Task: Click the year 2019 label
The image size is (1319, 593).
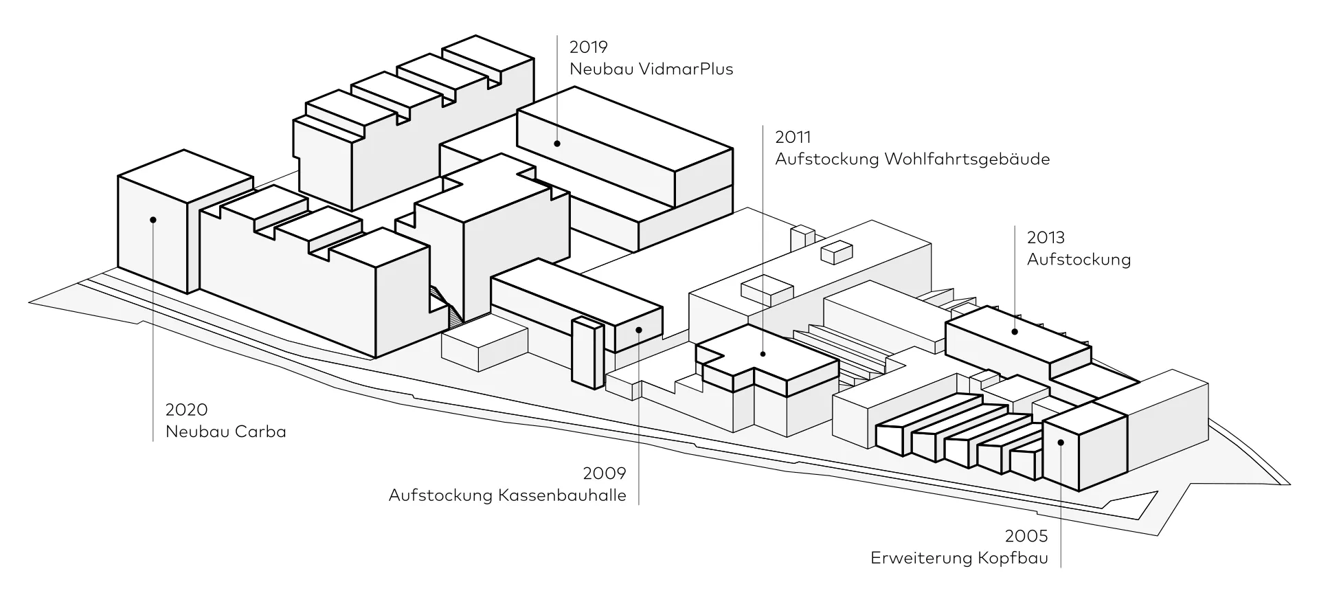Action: pyautogui.click(x=589, y=47)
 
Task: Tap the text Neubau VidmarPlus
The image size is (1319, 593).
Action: pyautogui.click(x=651, y=69)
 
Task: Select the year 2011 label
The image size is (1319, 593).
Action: pyautogui.click(x=793, y=137)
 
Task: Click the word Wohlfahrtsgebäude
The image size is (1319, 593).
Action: pyautogui.click(x=967, y=159)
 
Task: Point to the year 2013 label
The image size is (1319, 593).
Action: pyautogui.click(x=1046, y=238)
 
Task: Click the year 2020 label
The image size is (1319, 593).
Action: pyautogui.click(x=186, y=410)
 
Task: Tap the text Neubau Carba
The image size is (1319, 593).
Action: pyautogui.click(x=225, y=432)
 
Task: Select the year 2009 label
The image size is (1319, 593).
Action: pyautogui.click(x=605, y=473)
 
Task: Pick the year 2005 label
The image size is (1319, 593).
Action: pyautogui.click(x=1026, y=536)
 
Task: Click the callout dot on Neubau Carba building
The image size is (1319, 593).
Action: pyautogui.click(x=153, y=220)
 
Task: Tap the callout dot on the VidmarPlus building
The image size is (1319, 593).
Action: pyautogui.click(x=557, y=144)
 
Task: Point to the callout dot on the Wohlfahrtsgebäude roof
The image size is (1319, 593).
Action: pyautogui.click(x=763, y=354)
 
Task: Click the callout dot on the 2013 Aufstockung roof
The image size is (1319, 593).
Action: pyautogui.click(x=1015, y=332)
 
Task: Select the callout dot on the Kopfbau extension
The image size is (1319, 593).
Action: pyautogui.click(x=1060, y=443)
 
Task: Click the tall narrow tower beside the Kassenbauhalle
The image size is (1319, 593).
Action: pyautogui.click(x=587, y=353)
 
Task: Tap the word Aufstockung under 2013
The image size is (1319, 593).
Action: pyautogui.click(x=1079, y=260)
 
